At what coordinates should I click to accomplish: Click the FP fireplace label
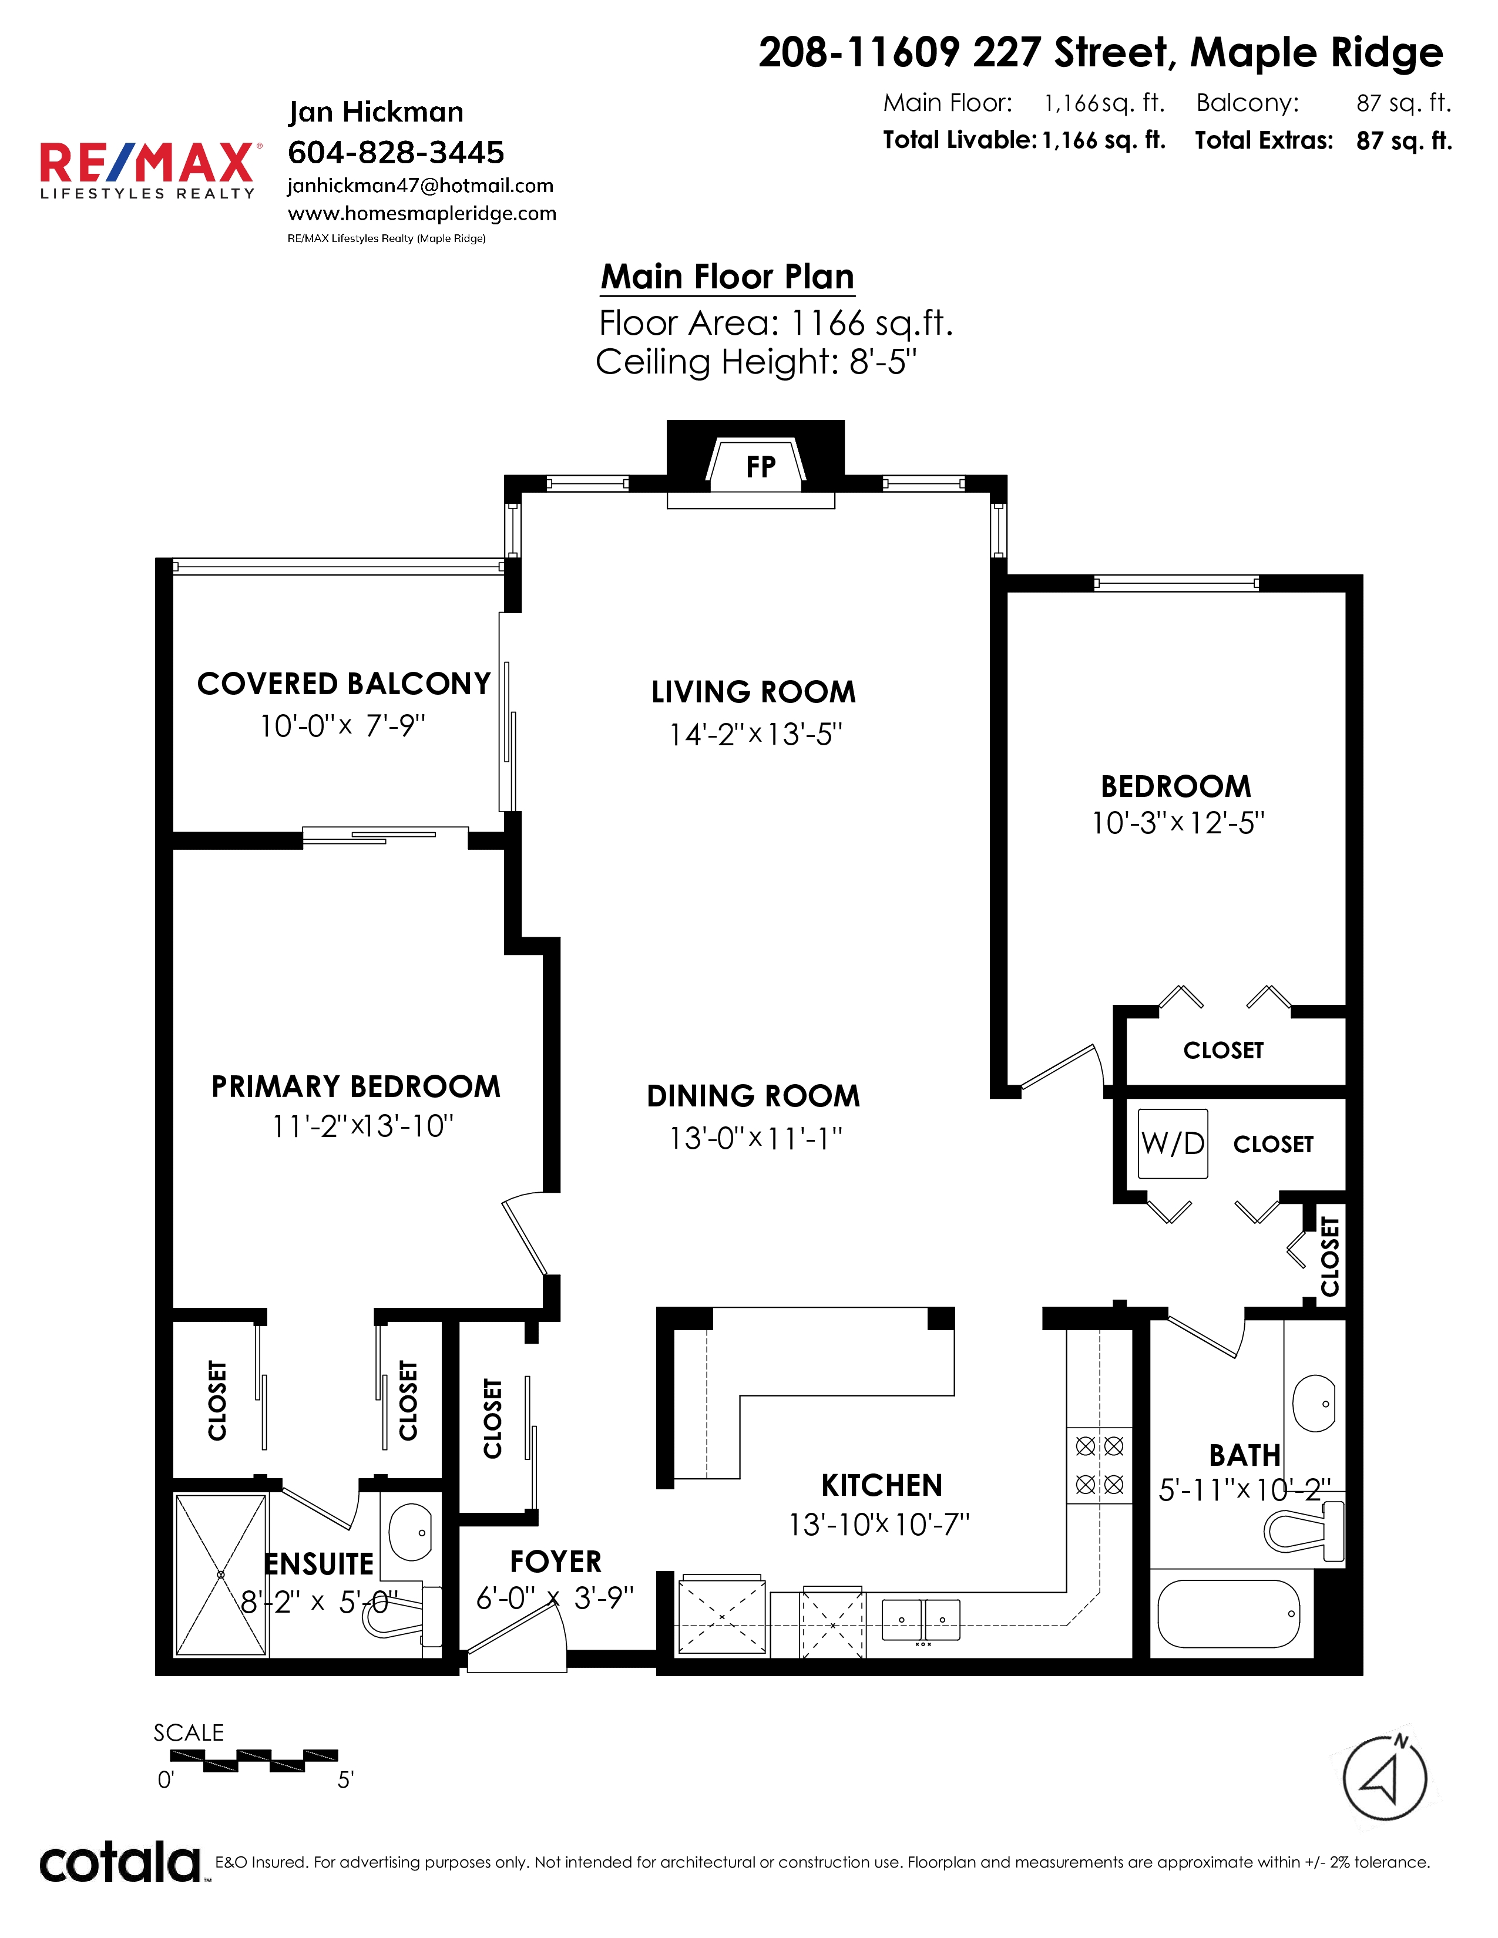point(761,467)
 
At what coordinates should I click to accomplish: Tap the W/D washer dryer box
point(1173,1144)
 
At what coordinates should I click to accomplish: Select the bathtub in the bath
point(1229,1614)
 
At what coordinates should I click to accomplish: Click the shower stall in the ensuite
point(221,1575)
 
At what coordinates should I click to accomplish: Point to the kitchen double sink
point(921,1620)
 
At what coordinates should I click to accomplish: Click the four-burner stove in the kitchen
point(1100,1465)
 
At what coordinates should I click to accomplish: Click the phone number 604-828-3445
point(396,153)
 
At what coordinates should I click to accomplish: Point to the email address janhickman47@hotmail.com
point(421,186)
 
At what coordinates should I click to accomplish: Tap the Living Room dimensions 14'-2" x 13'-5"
point(755,735)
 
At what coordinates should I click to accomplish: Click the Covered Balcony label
point(344,684)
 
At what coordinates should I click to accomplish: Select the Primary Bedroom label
point(356,1087)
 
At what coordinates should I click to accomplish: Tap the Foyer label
point(556,1562)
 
